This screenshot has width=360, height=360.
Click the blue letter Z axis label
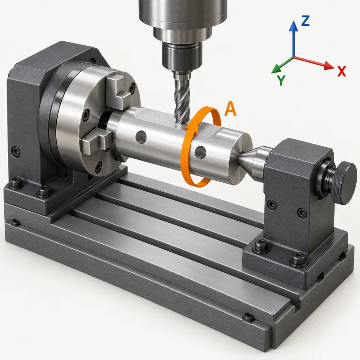[x=305, y=21]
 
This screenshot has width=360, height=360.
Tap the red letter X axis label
[x=341, y=71]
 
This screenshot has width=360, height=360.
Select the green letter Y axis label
[x=281, y=80]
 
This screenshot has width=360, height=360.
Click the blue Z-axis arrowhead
[x=293, y=26]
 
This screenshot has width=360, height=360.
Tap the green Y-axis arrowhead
[x=275, y=69]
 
